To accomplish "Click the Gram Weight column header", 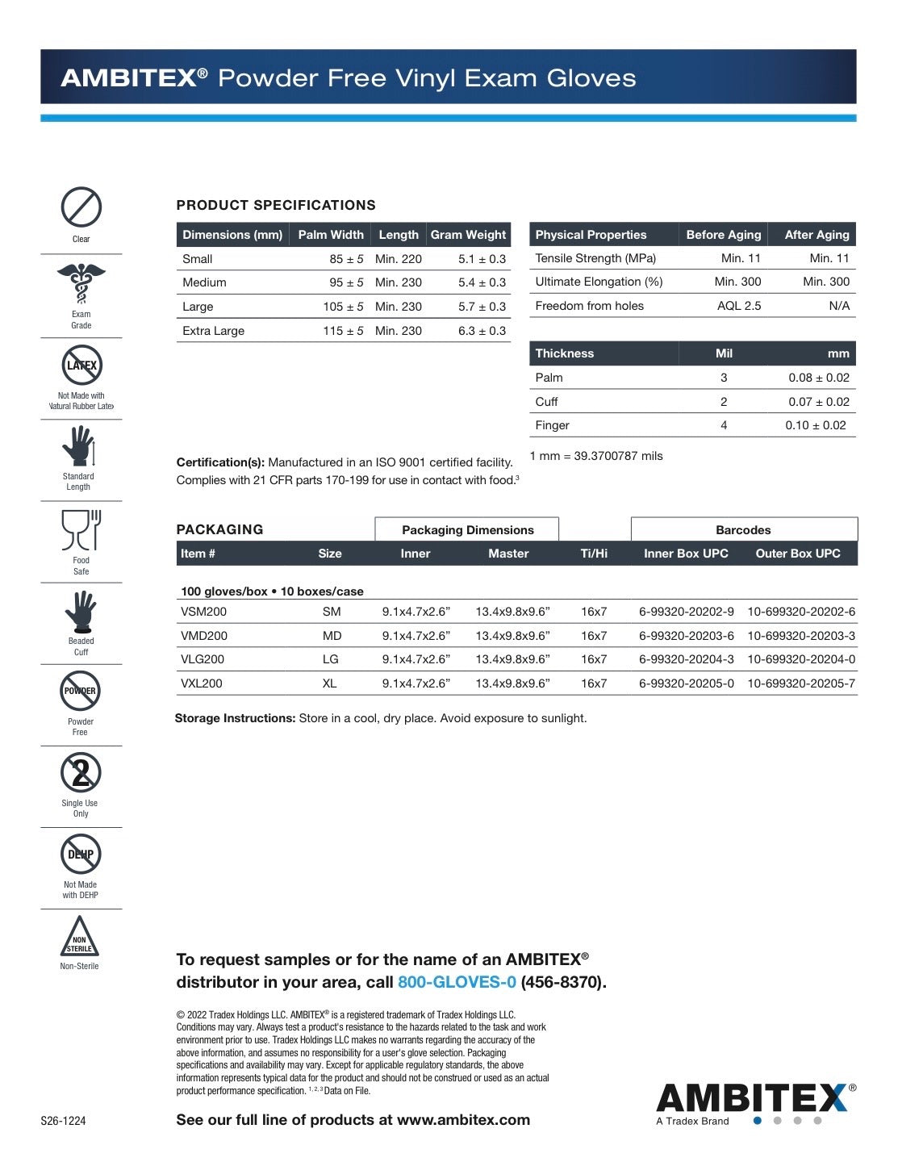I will [x=468, y=235].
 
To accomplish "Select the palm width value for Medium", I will [x=346, y=282].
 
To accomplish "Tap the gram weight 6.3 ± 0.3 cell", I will [x=482, y=331].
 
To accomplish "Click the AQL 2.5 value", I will [x=739, y=306].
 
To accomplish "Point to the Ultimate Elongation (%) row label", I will [x=599, y=282].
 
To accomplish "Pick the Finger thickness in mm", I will [x=815, y=425].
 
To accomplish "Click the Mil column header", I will [x=724, y=353].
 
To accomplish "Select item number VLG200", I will [x=203, y=659].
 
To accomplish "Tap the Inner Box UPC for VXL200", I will [x=686, y=683].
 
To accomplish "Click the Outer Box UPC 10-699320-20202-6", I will [x=800, y=612].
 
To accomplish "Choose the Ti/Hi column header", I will [x=594, y=554].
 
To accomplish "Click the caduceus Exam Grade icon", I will [x=81, y=284].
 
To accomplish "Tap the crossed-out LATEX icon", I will [x=81, y=366].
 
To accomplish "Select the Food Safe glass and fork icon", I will [x=81, y=529].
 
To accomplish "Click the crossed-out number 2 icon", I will [x=81, y=773].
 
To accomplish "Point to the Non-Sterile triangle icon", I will [x=79, y=937].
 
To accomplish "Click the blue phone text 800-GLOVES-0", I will [x=457, y=982].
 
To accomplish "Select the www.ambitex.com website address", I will [x=463, y=1120].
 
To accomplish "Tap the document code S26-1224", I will [x=63, y=1122].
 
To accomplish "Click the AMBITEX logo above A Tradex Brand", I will [x=751, y=1098].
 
